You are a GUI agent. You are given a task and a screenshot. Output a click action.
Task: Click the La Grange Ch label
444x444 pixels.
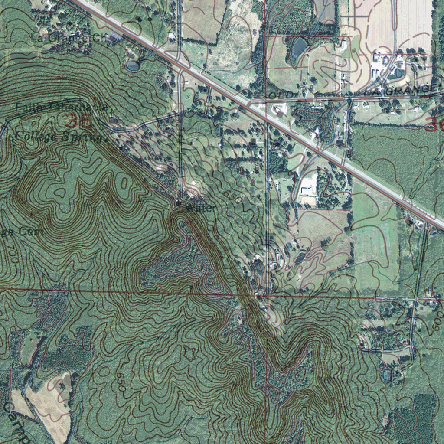72,38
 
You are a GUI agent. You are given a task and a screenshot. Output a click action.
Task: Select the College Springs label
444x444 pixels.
60,137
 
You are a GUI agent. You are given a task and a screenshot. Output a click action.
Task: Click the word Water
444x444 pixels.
200,208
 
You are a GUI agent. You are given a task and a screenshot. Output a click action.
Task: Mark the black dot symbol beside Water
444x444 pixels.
178,203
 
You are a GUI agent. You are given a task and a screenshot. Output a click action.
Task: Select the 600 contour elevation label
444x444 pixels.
437,321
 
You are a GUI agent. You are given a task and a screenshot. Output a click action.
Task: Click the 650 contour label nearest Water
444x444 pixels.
234,197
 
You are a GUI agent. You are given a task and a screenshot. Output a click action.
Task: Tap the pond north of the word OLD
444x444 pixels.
299,47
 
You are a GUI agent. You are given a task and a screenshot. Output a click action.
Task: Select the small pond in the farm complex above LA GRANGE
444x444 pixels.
396,73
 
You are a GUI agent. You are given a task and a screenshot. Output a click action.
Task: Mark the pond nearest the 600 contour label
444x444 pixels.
386,374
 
